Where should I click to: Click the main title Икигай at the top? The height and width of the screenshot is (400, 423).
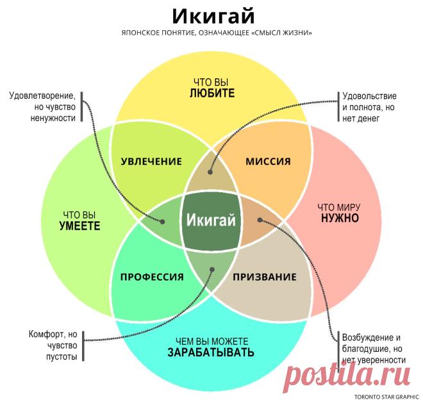coord(213,15)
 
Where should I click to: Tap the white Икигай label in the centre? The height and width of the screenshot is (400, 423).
coord(211,220)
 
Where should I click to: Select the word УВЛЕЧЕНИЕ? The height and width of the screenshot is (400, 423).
coord(151,162)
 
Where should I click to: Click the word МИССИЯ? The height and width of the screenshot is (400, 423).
coord(268,162)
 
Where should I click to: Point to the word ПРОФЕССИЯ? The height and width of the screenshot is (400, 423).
coord(152,277)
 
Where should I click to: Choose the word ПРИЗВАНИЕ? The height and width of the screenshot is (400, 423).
coord(265,277)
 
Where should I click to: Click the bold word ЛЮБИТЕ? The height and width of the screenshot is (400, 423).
coord(212,93)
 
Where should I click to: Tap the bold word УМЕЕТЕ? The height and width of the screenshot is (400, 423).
coord(79,226)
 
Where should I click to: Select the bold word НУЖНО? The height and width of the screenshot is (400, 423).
coord(340,218)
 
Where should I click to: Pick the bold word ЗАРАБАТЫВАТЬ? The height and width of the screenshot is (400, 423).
coord(211,352)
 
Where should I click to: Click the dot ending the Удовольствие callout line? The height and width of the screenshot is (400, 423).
coord(210,172)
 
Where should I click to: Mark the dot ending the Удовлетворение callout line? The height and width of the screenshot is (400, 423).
coord(162,222)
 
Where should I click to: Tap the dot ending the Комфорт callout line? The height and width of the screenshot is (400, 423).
coord(212,269)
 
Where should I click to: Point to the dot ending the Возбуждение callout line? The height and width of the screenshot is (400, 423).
coord(260,220)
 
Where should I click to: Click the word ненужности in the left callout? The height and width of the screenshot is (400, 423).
coord(53,118)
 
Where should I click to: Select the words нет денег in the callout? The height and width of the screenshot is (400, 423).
coord(361,118)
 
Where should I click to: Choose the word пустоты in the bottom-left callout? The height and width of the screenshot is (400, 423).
coord(62,357)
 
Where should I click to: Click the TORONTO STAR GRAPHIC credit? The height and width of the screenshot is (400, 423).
coord(386,397)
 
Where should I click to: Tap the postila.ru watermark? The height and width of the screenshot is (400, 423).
coord(347,375)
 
